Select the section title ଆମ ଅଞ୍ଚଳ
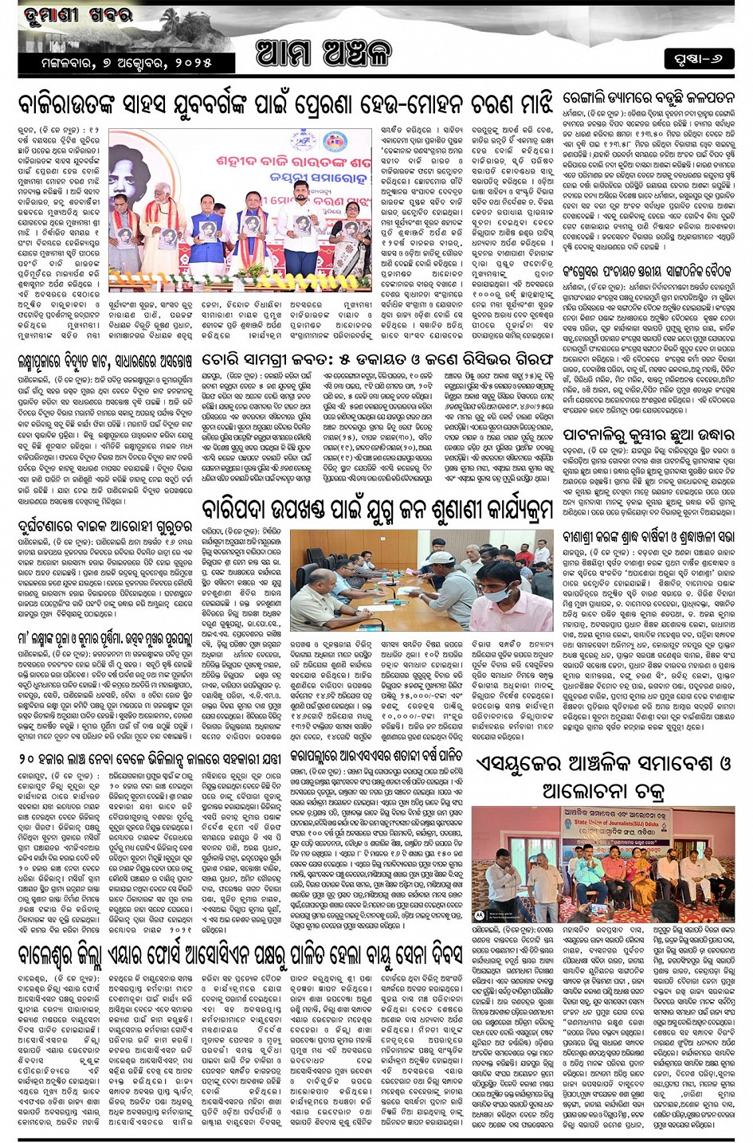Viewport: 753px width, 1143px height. click(x=324, y=54)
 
